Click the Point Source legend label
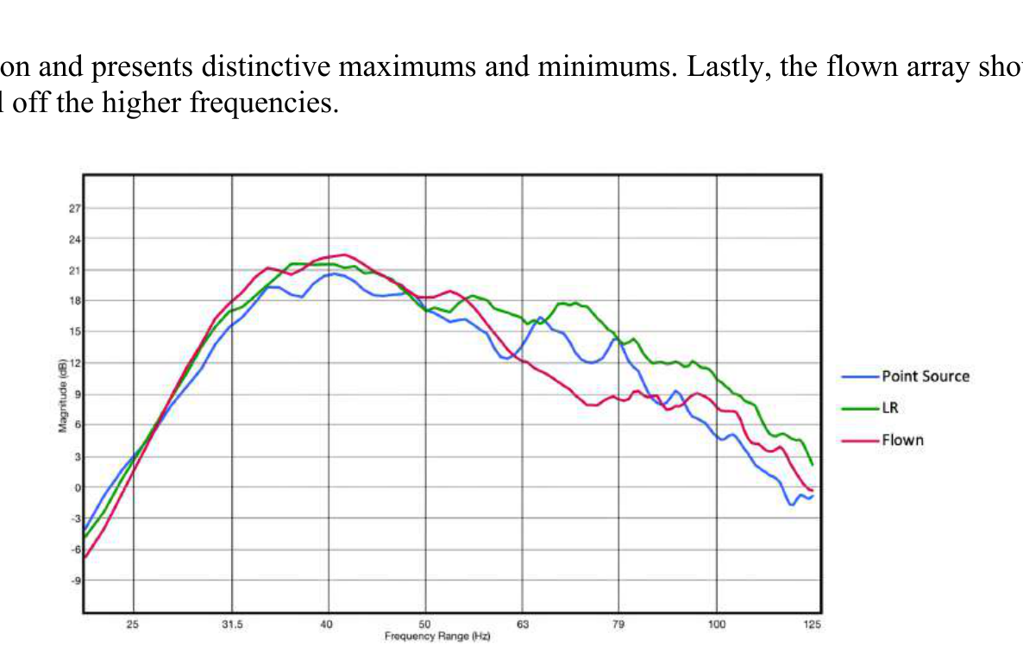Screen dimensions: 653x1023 [925, 376]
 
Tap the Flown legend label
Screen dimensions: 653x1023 [902, 440]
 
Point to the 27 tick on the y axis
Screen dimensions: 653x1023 [75, 208]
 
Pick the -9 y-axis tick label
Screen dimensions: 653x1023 [74, 581]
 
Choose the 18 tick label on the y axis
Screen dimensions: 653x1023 [75, 301]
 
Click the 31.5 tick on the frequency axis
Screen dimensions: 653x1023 [232, 624]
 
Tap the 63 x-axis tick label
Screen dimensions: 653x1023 [522, 624]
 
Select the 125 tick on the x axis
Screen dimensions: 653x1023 [812, 624]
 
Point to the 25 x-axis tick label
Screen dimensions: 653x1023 [134, 624]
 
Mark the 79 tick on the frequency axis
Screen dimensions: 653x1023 [618, 624]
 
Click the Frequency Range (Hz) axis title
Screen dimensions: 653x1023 [437, 636]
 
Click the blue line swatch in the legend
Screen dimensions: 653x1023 [859, 376]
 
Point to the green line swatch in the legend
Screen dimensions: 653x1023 [859, 408]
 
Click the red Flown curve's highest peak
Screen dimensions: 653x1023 [345, 254]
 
